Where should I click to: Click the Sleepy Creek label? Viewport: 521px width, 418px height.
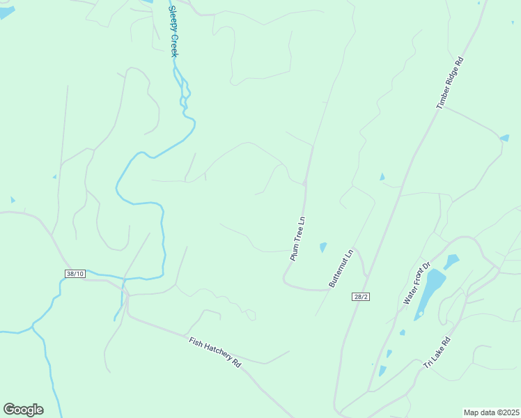click(x=174, y=31)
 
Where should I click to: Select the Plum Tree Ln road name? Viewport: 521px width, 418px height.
click(x=298, y=238)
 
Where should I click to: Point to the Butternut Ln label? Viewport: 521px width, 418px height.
click(x=342, y=268)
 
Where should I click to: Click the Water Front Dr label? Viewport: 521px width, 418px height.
click(x=418, y=283)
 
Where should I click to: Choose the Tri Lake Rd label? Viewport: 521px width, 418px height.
click(x=437, y=353)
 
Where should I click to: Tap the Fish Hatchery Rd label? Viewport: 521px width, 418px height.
click(x=215, y=353)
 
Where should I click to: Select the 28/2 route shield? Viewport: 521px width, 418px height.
click(x=360, y=296)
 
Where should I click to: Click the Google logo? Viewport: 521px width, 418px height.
click(x=23, y=410)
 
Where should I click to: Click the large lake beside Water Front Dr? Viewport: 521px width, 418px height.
click(x=430, y=291)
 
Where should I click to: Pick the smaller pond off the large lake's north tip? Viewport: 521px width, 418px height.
click(x=451, y=261)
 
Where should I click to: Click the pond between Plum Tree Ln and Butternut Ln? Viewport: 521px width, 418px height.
click(x=323, y=247)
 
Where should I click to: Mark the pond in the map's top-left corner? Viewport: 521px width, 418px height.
click(x=6, y=12)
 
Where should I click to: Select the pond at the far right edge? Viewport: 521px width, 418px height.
click(x=504, y=138)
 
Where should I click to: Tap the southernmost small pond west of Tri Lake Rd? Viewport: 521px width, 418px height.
click(x=382, y=371)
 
